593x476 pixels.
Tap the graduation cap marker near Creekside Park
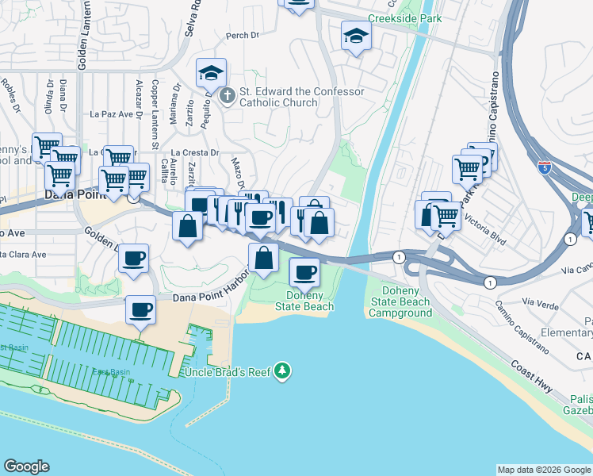click(x=356, y=36)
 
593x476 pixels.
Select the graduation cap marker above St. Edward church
click(x=212, y=74)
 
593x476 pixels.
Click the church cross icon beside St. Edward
click(x=227, y=97)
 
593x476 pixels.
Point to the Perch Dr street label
click(x=243, y=35)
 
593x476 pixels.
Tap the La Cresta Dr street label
click(x=194, y=152)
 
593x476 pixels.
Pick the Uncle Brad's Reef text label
click(x=227, y=372)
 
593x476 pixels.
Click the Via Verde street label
click(x=542, y=302)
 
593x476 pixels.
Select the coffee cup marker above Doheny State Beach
click(x=304, y=274)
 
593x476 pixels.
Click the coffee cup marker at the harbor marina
click(x=141, y=309)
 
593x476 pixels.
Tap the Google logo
click(x=27, y=466)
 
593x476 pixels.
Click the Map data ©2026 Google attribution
click(x=544, y=470)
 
